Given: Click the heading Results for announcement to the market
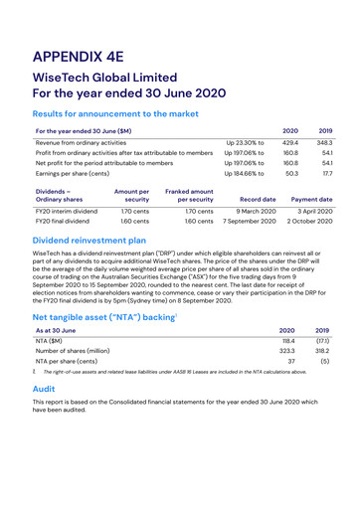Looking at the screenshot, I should point(127,115).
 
